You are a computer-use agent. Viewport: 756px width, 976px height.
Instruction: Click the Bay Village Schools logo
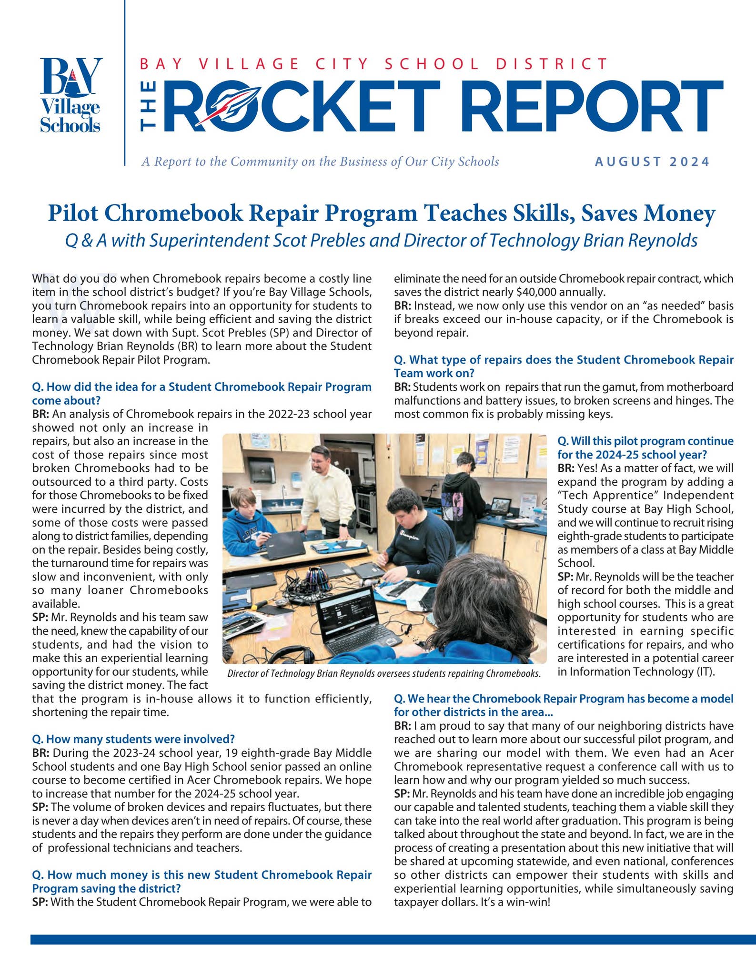click(x=71, y=95)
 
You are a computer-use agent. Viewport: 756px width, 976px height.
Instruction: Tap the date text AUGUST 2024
click(x=652, y=162)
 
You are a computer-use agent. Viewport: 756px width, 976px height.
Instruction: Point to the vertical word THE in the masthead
click(x=149, y=106)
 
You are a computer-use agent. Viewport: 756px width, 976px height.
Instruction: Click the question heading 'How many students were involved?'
click(x=133, y=739)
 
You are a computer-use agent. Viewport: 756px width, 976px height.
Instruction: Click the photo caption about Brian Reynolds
click(x=384, y=674)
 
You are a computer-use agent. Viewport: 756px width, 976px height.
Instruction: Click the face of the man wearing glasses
click(x=319, y=461)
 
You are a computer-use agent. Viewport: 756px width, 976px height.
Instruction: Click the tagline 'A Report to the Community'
click(x=320, y=162)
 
